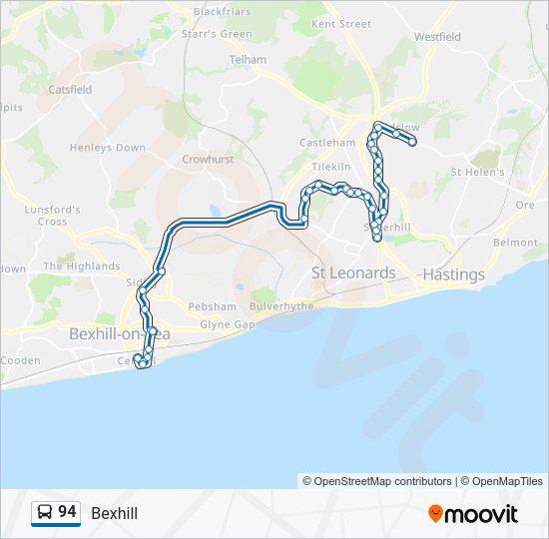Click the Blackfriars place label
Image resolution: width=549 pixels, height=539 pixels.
point(223,11)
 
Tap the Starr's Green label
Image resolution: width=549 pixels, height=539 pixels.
point(216,34)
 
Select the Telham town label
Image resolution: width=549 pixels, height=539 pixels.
point(248,60)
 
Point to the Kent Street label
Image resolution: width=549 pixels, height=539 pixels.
point(341,24)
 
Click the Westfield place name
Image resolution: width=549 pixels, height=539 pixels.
point(437,37)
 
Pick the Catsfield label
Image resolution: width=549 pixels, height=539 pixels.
point(70,89)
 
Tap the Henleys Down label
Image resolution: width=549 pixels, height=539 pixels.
point(107,148)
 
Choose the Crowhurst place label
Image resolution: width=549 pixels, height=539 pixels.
point(207,159)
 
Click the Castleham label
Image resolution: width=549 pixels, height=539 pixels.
point(327,143)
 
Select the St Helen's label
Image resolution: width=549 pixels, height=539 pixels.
point(478,172)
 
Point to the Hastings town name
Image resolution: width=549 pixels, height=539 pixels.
point(453,273)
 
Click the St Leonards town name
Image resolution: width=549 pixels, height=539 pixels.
point(353,272)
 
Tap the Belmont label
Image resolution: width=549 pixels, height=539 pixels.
point(515,243)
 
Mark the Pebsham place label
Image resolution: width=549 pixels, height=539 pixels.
point(213,306)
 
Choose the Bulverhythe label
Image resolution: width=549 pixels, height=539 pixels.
point(281,306)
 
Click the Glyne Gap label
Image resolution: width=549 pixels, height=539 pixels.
point(228,324)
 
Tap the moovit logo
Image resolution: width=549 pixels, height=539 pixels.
point(473,513)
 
